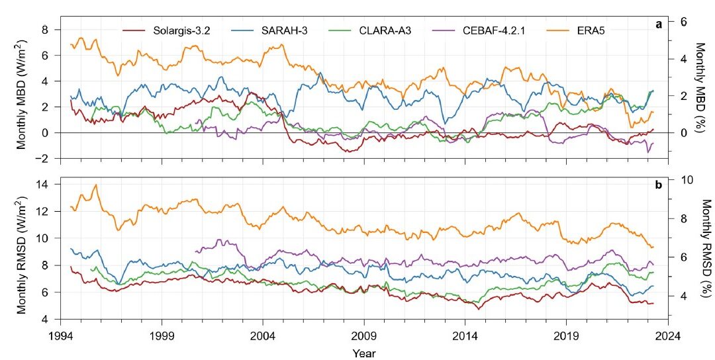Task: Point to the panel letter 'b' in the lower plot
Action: tap(659, 185)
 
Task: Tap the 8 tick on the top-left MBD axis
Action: tap(46, 30)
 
